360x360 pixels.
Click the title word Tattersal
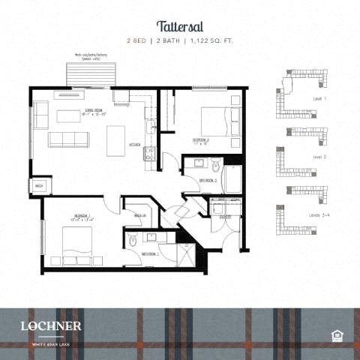(x=179, y=27)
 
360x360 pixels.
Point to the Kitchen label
(x=135, y=144)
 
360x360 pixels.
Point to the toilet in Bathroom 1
(x=133, y=241)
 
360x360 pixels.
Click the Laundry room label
(x=224, y=217)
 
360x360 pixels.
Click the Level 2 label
(x=320, y=157)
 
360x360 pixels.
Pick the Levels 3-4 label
(x=320, y=215)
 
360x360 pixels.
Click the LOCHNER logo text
(x=51, y=325)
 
